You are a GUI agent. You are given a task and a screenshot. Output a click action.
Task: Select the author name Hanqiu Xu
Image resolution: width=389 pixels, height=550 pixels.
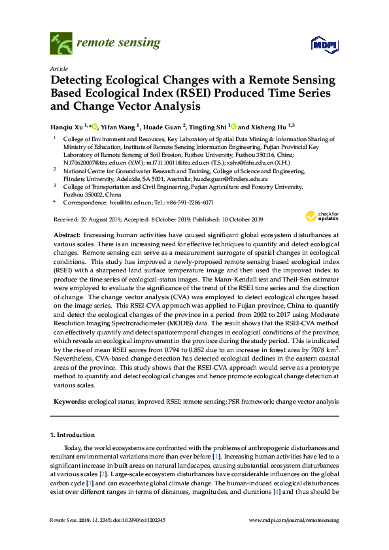67,127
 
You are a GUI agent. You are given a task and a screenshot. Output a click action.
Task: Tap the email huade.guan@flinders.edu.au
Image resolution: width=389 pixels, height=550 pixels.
232,178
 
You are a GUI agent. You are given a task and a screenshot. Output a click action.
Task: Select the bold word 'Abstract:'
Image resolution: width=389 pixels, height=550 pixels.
67,233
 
